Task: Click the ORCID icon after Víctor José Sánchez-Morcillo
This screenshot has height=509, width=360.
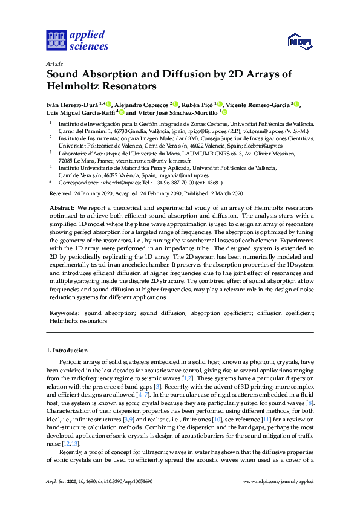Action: click(x=224, y=112)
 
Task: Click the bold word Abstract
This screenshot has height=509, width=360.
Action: click(x=60, y=207)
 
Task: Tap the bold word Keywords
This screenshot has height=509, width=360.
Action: click(x=64, y=313)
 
